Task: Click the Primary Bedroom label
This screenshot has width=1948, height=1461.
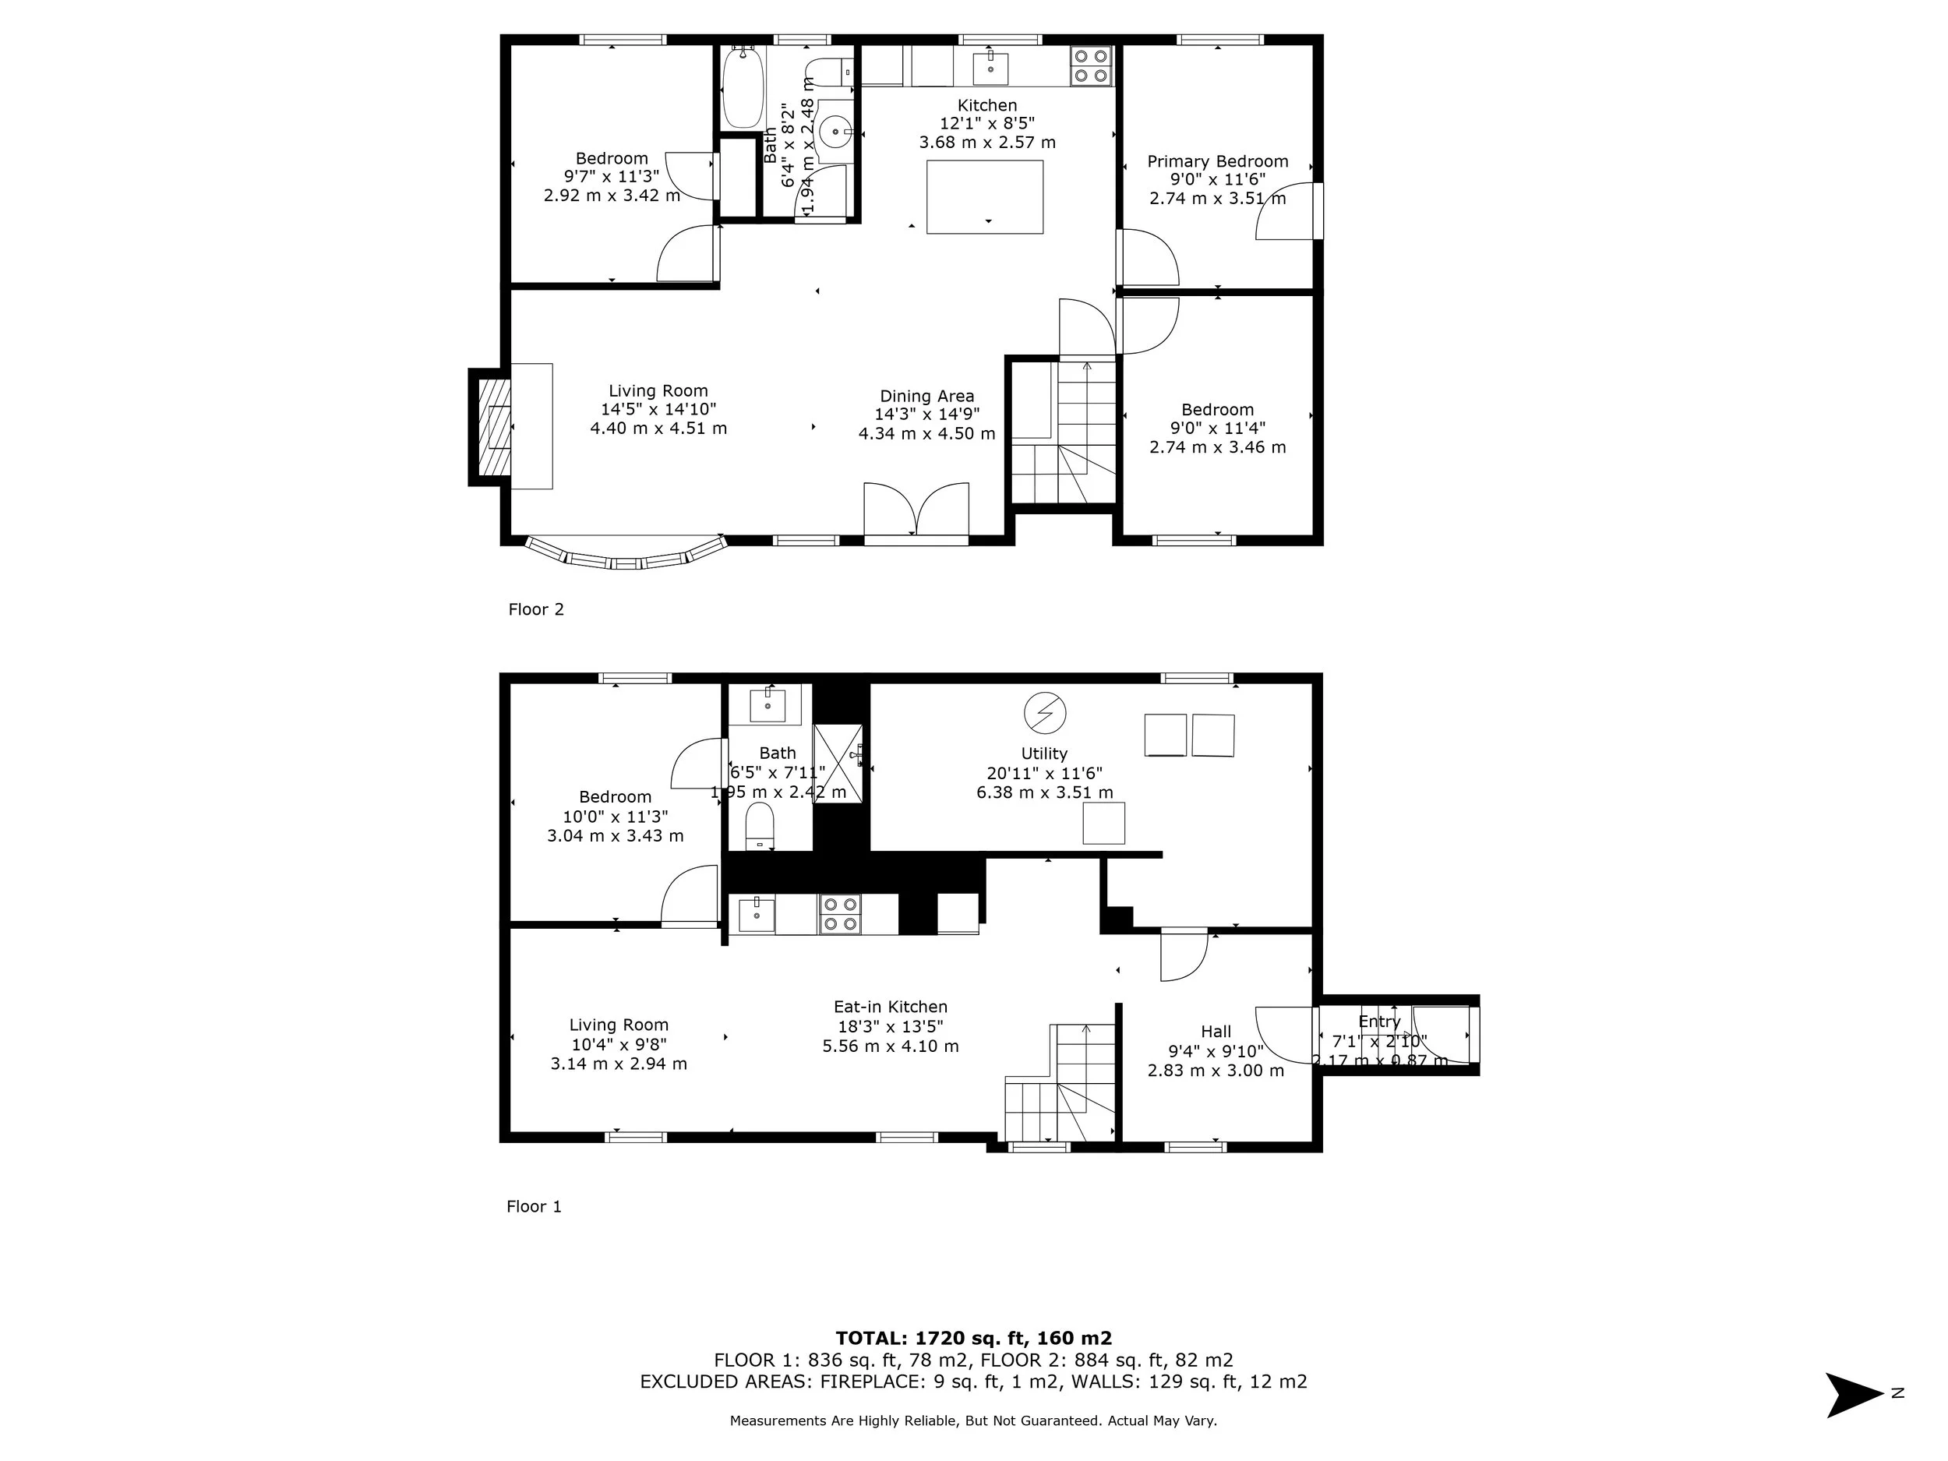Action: tap(1217, 161)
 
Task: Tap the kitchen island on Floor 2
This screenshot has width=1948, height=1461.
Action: tap(985, 196)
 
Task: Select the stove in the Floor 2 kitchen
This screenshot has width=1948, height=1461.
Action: tap(1090, 66)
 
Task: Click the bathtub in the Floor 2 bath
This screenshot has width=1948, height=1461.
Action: tap(743, 88)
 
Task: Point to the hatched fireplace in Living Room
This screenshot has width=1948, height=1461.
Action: tap(494, 426)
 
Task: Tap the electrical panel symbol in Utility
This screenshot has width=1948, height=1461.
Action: tap(1044, 712)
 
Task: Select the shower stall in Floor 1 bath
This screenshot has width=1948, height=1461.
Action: tap(837, 764)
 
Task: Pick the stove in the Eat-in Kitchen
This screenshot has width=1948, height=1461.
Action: tap(839, 913)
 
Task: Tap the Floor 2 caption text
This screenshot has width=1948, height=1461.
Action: tap(535, 609)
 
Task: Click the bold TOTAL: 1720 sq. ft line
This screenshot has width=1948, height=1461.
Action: tap(973, 1339)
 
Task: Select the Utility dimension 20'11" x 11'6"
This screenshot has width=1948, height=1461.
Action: tap(1044, 773)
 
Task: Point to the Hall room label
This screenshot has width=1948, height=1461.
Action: tap(1216, 1031)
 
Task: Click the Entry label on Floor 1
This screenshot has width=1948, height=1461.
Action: tap(1378, 1022)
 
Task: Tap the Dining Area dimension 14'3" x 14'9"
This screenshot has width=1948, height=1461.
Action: tap(926, 415)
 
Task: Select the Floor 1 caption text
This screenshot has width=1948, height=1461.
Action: tap(534, 1206)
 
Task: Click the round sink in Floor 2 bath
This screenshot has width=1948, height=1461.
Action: tap(834, 133)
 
